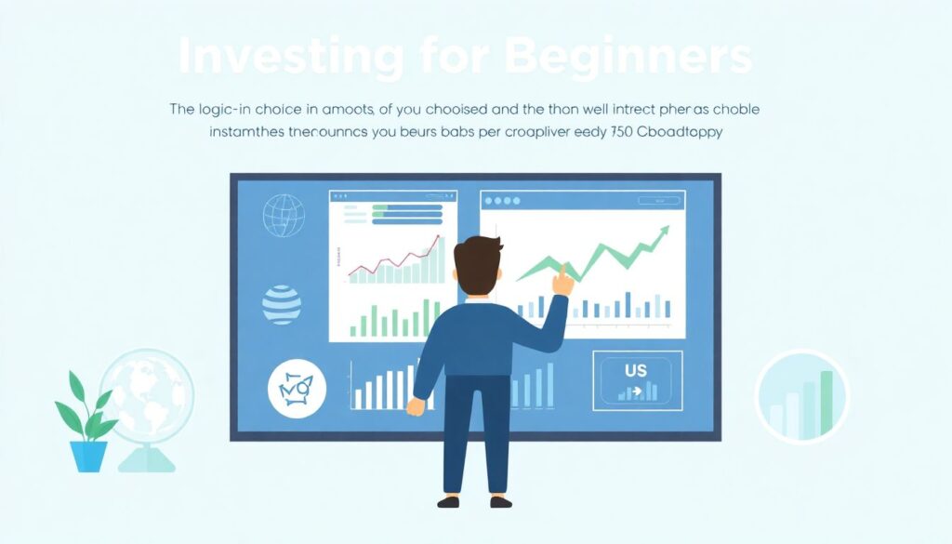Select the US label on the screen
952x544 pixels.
pos(636,371)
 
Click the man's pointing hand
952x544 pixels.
pos(562,279)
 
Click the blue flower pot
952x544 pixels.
pos(88,456)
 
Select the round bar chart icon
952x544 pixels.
pos(800,395)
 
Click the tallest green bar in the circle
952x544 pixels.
pos(826,402)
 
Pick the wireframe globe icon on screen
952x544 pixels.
pos(283,215)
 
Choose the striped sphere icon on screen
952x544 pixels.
pos(282,304)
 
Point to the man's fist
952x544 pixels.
pos(416,406)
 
